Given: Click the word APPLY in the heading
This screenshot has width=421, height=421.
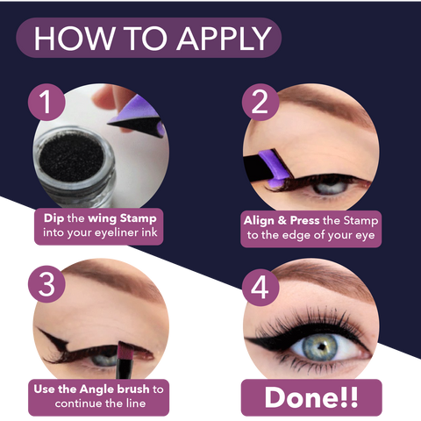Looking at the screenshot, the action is [x=225, y=39].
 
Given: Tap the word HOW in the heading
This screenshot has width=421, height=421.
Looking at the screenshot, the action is [x=74, y=39].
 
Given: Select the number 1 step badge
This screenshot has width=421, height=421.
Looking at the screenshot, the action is [x=46, y=102].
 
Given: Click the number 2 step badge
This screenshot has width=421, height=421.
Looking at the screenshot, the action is [x=260, y=102].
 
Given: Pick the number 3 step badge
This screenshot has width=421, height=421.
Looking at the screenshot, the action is [x=46, y=284].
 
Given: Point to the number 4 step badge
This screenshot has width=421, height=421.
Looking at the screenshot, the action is [x=260, y=288].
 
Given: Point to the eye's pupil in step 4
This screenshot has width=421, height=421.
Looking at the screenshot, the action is [x=322, y=346].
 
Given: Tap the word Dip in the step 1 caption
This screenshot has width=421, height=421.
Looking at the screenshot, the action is [x=54, y=218].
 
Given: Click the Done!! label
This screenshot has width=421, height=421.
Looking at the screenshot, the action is [x=311, y=397].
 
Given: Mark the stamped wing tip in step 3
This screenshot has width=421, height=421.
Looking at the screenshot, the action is [x=39, y=330].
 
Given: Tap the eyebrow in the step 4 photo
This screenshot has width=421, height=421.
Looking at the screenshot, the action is [x=325, y=281].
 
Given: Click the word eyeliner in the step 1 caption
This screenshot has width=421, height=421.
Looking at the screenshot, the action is [x=117, y=233].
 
